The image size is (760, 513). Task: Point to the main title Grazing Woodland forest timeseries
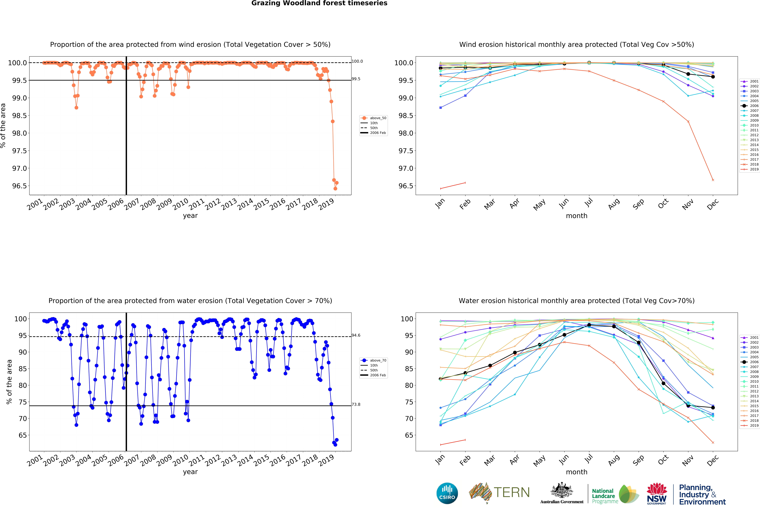click(319, 3)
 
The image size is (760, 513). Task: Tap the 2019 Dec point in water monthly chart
click(713, 442)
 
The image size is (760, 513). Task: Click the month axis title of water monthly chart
click(577, 472)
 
